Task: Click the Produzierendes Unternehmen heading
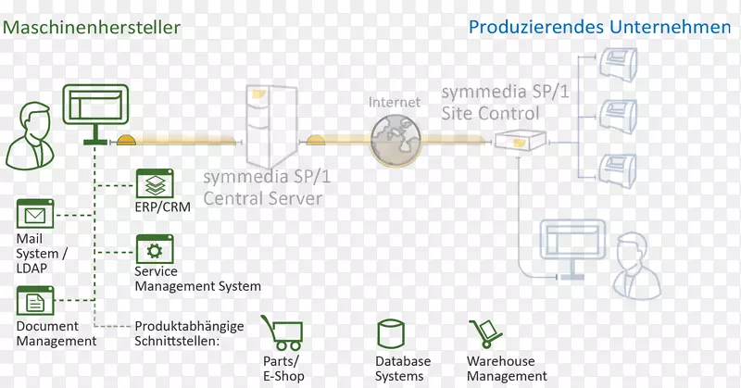[x=599, y=27]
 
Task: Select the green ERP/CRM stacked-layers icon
[x=154, y=183]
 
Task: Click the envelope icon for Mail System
[x=35, y=216]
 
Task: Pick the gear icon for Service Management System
[x=154, y=250]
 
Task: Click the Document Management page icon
[x=35, y=302]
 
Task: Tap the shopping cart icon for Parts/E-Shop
[x=282, y=332]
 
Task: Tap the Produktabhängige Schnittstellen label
[x=189, y=332]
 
